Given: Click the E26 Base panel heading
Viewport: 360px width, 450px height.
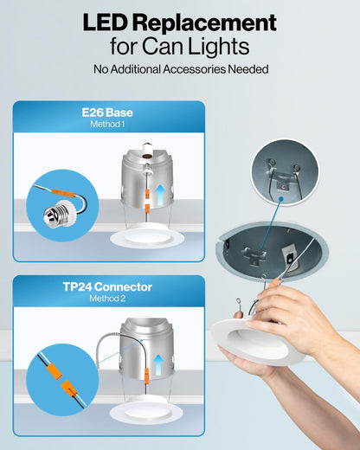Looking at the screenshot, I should (108, 112).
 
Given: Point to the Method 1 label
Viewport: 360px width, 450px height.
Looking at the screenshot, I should (108, 125).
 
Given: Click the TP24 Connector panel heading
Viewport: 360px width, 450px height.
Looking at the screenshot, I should (108, 286).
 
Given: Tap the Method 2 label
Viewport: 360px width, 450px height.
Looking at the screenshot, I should (108, 299).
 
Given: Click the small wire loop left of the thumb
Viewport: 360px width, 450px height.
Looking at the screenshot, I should (238, 302).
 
